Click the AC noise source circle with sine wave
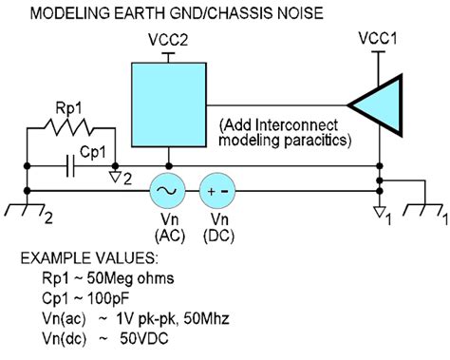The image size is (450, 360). point(168,190)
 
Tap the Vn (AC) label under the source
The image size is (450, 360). point(168,227)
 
